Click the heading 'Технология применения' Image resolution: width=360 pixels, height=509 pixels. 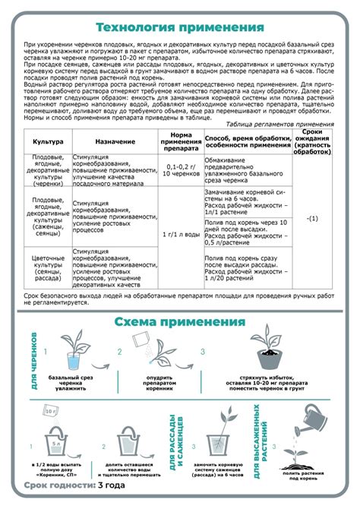pos(180,28)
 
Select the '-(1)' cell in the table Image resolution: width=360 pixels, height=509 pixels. pos(311,219)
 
